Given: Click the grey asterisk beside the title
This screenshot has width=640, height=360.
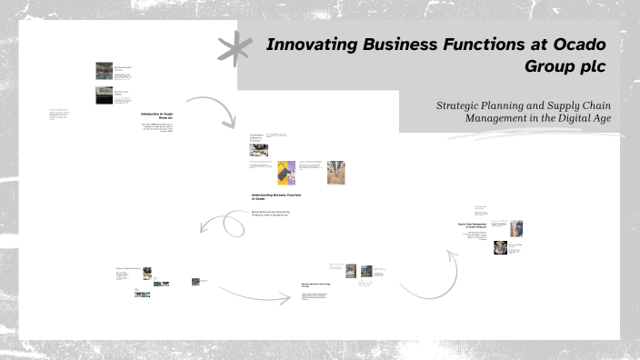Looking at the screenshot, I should click(x=235, y=47).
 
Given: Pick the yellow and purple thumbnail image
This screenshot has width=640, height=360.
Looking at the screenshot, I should click(x=286, y=173).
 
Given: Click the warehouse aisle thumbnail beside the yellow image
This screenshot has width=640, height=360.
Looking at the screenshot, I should click(x=335, y=173).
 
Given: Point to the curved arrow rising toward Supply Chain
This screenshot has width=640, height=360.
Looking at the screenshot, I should click(x=436, y=273).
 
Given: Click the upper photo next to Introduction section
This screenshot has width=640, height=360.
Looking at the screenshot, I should click(x=105, y=71).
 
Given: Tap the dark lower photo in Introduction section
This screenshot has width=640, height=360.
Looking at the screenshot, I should click(x=105, y=95).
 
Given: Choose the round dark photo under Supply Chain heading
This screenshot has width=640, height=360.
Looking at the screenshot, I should click(x=500, y=247).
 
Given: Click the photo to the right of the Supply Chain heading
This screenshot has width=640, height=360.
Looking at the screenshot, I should click(x=515, y=227).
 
